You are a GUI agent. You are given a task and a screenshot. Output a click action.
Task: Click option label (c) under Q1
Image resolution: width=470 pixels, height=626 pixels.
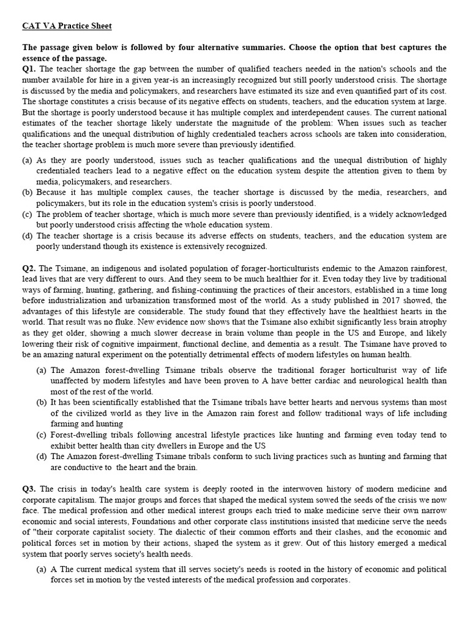point(28,214)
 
